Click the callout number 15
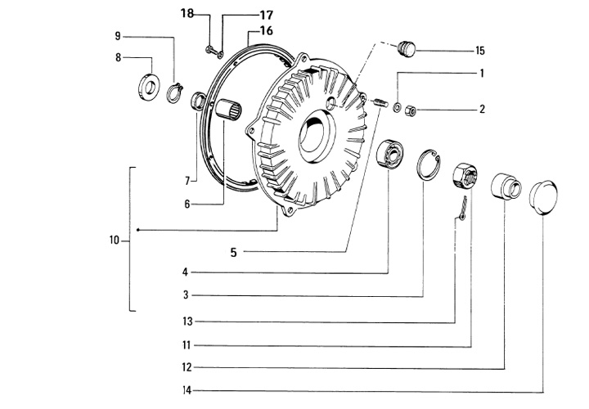[x=480, y=51]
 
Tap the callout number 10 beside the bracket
[x=115, y=240]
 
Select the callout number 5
[x=233, y=253]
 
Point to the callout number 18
[x=187, y=14]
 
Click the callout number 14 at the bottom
[x=187, y=391]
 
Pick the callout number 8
[x=119, y=57]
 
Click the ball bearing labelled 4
[x=389, y=154]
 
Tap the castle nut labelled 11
[x=465, y=176]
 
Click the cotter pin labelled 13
[x=463, y=209]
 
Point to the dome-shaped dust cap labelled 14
[x=543, y=198]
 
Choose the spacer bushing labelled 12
[x=506, y=187]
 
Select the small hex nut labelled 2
[x=410, y=110]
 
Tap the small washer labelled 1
[x=397, y=107]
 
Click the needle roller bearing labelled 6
[x=228, y=110]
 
